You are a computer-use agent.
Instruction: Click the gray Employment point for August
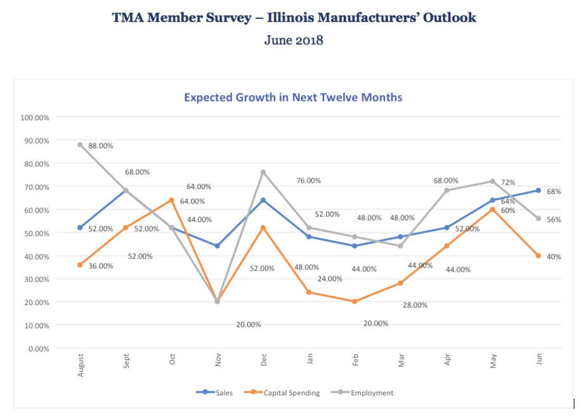click(80, 145)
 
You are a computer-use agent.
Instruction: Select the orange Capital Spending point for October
click(171, 200)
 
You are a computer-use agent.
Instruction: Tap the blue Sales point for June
click(538, 190)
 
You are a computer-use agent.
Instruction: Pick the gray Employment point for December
click(263, 173)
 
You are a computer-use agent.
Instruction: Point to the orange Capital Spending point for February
click(355, 301)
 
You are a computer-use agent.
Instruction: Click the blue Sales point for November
click(217, 246)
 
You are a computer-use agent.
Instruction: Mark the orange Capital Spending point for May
click(493, 209)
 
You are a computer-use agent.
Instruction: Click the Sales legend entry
click(214, 393)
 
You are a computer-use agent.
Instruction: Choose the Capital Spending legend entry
click(282, 393)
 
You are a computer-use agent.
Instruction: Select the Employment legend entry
click(363, 393)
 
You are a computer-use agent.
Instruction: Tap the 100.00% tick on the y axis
click(35, 118)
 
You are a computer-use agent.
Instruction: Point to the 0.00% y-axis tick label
click(39, 349)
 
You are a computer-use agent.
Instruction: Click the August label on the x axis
click(81, 365)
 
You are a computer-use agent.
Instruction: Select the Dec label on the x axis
click(263, 360)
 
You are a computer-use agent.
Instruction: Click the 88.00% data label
click(101, 146)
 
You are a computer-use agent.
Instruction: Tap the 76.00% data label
click(309, 181)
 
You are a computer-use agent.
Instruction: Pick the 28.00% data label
click(415, 305)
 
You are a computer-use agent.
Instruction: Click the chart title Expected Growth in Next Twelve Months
click(293, 97)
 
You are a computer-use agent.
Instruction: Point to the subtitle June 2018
click(294, 40)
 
